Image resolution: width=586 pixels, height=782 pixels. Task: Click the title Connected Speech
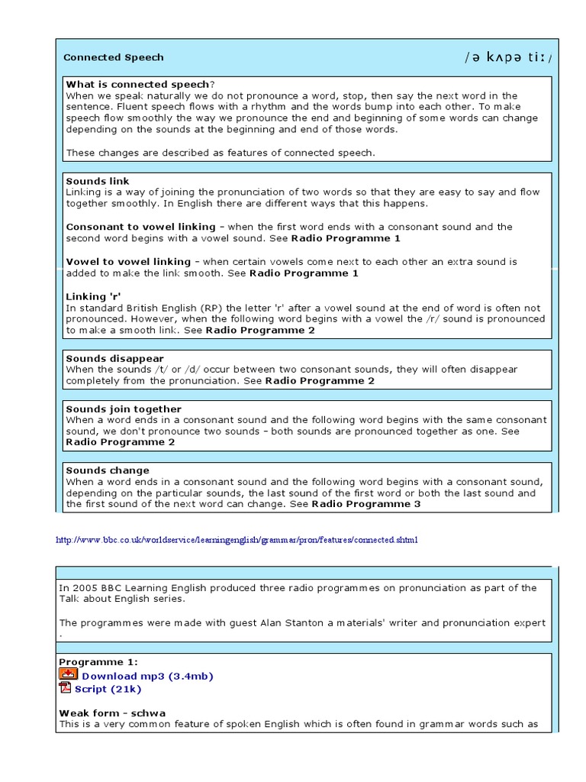tap(113, 57)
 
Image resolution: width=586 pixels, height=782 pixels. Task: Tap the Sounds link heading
tap(98, 181)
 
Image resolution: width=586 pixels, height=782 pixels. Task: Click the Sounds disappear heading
tap(114, 358)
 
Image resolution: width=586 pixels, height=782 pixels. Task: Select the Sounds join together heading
tap(124, 409)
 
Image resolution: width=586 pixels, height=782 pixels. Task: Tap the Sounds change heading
tap(108, 470)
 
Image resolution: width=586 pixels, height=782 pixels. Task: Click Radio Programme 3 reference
tap(366, 504)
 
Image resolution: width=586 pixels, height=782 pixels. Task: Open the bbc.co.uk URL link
tap(237, 540)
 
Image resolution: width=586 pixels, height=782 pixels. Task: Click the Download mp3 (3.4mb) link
tap(147, 676)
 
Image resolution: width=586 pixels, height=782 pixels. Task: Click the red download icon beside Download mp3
tap(68, 674)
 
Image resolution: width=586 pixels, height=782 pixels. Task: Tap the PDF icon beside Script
tap(66, 687)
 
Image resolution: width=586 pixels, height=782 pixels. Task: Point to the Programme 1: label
tap(98, 662)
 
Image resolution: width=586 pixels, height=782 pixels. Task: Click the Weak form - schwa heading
tap(112, 713)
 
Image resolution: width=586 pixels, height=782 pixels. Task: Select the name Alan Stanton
tap(261, 622)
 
